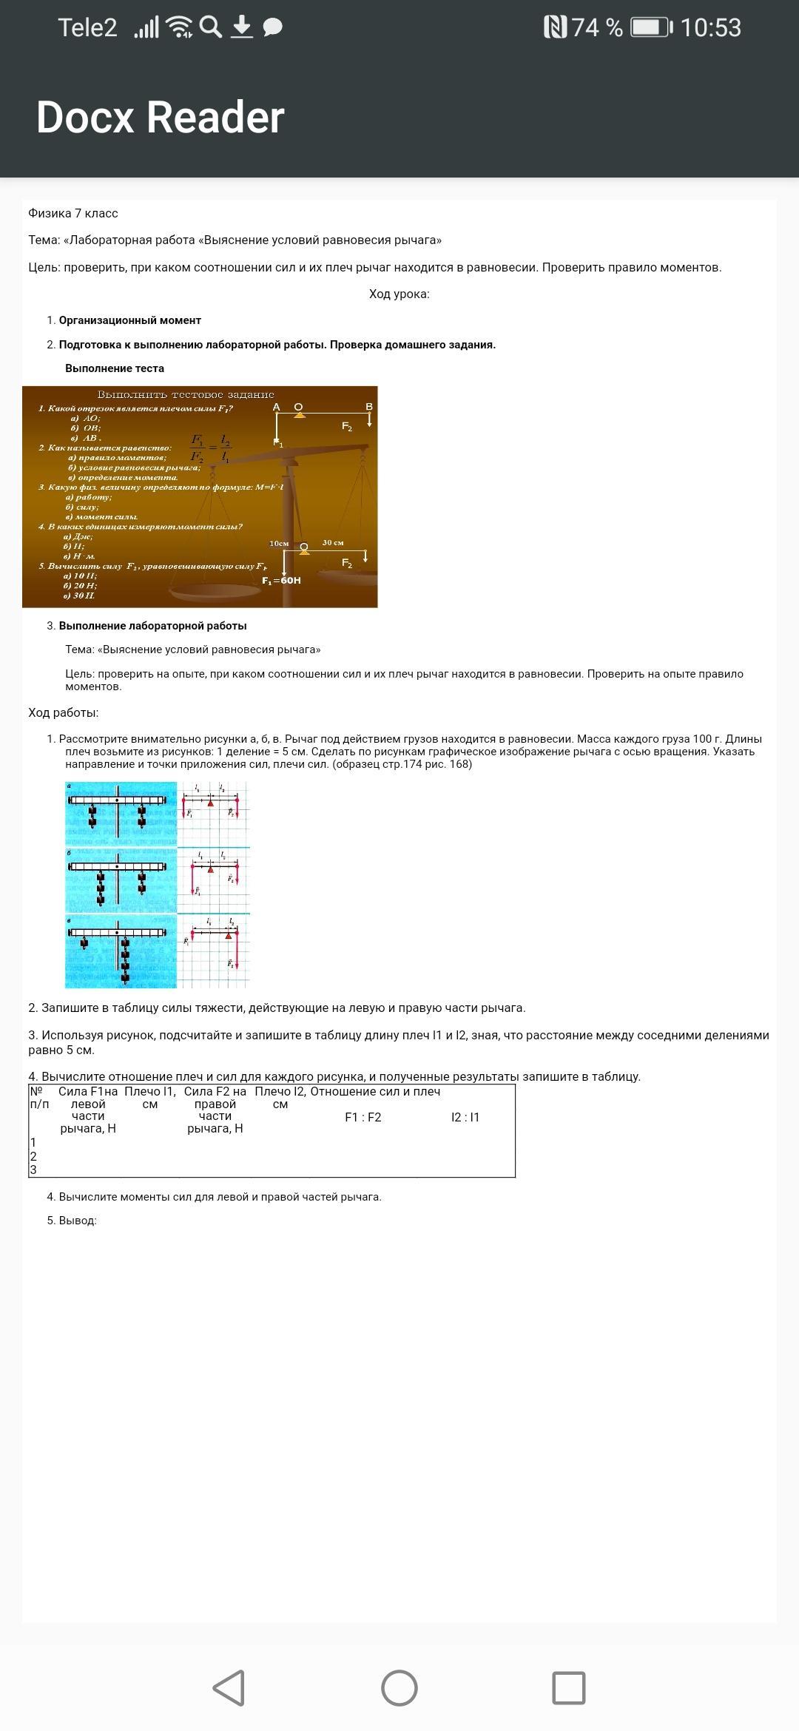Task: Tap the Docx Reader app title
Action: pyautogui.click(x=160, y=117)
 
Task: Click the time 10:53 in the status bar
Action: pyautogui.click(x=710, y=27)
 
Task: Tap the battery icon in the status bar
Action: pyautogui.click(x=651, y=27)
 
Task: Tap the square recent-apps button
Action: pyautogui.click(x=568, y=1688)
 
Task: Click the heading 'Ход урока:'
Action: pyautogui.click(x=399, y=294)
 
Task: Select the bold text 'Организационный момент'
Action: pyautogui.click(x=130, y=320)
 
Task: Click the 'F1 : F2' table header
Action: pyautogui.click(x=363, y=1117)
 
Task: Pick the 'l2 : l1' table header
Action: pyautogui.click(x=465, y=1117)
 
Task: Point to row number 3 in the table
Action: pyautogui.click(x=33, y=1170)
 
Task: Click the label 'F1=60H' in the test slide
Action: pyautogui.click(x=281, y=581)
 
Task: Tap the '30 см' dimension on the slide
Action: pyautogui.click(x=333, y=543)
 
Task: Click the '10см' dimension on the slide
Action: pyautogui.click(x=279, y=544)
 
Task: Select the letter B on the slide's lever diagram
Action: pyautogui.click(x=369, y=407)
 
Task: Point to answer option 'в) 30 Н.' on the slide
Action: pyautogui.click(x=79, y=595)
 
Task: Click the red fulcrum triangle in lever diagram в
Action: pyautogui.click(x=229, y=936)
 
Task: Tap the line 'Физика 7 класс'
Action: pyautogui.click(x=73, y=213)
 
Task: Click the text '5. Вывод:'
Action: pyautogui.click(x=72, y=1221)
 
